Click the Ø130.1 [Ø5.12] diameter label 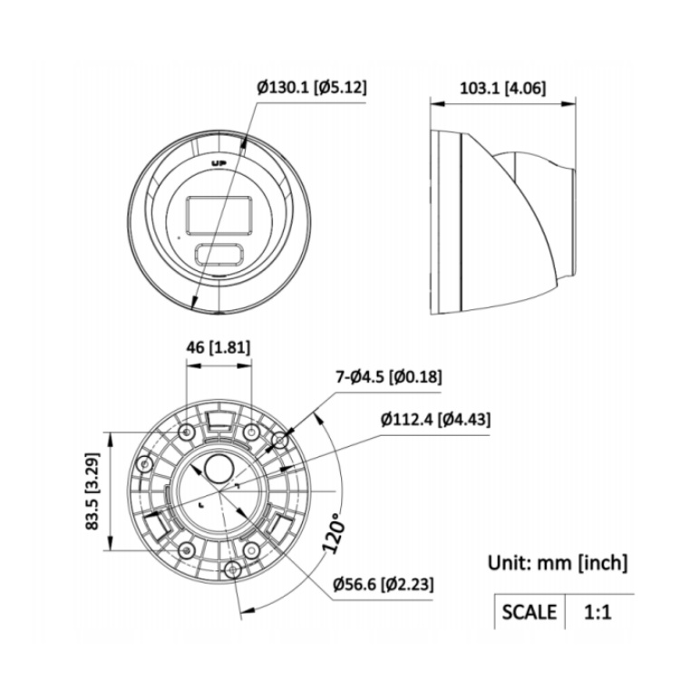312,88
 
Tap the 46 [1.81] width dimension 218,346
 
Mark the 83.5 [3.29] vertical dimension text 92,491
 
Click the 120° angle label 333,537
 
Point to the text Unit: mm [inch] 557,562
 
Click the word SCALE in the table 529,612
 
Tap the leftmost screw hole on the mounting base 141,463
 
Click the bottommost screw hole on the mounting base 233,568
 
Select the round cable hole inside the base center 219,468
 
